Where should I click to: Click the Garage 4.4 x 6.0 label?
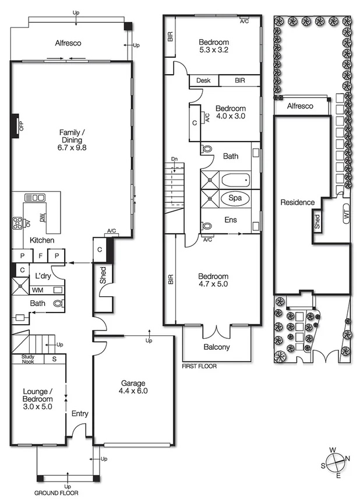[x=133, y=387]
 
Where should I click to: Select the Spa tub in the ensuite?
[x=235, y=198]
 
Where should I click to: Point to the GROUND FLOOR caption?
[x=57, y=493]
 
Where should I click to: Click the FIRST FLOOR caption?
[x=200, y=367]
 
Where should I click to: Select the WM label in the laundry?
[x=37, y=290]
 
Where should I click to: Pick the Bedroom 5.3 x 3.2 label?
[x=214, y=46]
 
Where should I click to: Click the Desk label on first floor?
[x=203, y=80]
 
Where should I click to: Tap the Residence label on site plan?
[x=297, y=203]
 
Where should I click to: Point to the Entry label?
[x=80, y=413]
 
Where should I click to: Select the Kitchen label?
[x=42, y=240]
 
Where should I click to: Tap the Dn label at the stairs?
[x=174, y=159]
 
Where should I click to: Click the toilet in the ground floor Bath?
[x=58, y=303]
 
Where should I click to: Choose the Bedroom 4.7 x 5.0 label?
[x=213, y=280]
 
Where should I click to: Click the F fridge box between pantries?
[x=40, y=256]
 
